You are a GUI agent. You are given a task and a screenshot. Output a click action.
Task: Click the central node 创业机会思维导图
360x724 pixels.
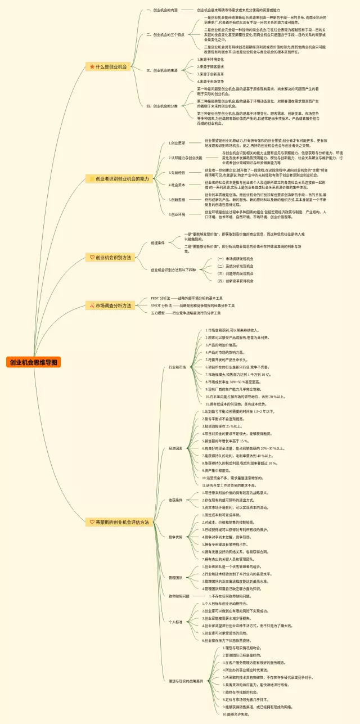click(x=33, y=362)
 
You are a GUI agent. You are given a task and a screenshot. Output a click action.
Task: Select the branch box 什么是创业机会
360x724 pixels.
click(x=109, y=66)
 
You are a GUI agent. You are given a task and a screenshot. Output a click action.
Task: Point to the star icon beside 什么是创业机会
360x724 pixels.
click(x=92, y=66)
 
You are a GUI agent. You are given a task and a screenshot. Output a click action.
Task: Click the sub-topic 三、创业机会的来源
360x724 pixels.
click(x=162, y=70)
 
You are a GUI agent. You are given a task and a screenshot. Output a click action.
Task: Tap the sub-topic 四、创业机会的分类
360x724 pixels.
click(x=162, y=106)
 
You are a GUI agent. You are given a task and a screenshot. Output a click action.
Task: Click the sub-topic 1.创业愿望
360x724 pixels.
click(x=177, y=143)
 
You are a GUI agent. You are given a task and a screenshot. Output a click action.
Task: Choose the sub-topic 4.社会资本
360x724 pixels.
click(x=177, y=185)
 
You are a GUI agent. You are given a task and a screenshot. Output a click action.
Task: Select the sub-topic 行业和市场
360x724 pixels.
click(x=177, y=367)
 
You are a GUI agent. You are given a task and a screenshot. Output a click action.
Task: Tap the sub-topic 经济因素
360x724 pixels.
click(x=175, y=448)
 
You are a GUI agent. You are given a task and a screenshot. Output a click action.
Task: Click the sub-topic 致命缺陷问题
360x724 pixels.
click(x=179, y=595)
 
